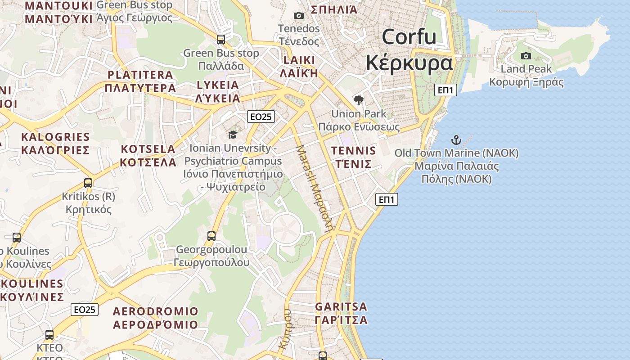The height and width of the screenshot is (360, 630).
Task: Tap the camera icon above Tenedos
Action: (298, 16)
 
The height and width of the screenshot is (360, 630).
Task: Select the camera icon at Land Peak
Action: (526, 56)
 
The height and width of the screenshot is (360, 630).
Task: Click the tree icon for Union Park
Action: (359, 100)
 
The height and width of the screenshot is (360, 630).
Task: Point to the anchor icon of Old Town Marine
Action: (456, 140)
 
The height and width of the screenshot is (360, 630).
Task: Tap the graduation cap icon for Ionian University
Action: (233, 135)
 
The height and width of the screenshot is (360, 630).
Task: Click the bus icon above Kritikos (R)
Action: (88, 183)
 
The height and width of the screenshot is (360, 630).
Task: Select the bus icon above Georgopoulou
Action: (211, 236)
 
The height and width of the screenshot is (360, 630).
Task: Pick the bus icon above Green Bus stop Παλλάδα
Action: (221, 40)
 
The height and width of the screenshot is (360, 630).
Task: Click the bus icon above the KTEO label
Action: (49, 335)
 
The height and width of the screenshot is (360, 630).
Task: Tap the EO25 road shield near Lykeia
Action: (261, 117)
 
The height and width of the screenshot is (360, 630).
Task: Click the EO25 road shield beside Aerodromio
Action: (85, 310)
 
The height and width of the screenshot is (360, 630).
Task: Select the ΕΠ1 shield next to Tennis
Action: (387, 199)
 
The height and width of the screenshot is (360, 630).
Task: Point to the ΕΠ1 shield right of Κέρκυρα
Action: (445, 90)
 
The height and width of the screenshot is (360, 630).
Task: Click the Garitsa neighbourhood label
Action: (341, 313)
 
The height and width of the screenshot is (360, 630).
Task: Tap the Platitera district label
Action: (140, 81)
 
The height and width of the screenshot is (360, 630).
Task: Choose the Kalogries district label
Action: (55, 143)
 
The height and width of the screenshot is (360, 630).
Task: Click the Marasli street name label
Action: (315, 188)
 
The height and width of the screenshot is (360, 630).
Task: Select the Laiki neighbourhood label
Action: (299, 67)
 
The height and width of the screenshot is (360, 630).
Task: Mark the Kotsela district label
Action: (148, 156)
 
